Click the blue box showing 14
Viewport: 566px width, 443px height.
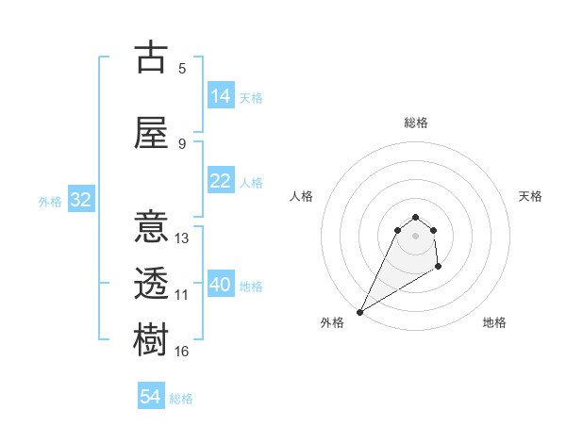point(221,96)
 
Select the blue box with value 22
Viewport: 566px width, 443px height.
point(221,181)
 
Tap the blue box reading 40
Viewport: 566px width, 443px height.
point(221,285)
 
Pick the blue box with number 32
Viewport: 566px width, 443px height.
point(80,200)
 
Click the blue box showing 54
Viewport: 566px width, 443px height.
point(151,397)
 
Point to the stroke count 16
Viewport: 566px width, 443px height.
point(182,352)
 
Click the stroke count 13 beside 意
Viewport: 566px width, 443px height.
point(182,238)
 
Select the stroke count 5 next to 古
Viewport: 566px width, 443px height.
point(182,69)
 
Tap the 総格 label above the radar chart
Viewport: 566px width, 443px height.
point(415,123)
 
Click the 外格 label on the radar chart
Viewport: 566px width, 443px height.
point(332,322)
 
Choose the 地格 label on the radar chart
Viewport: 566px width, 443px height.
point(494,322)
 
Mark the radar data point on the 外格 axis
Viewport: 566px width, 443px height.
point(359,312)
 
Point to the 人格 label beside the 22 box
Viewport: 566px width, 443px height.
point(251,182)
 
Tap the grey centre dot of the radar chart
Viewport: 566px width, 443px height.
point(415,235)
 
